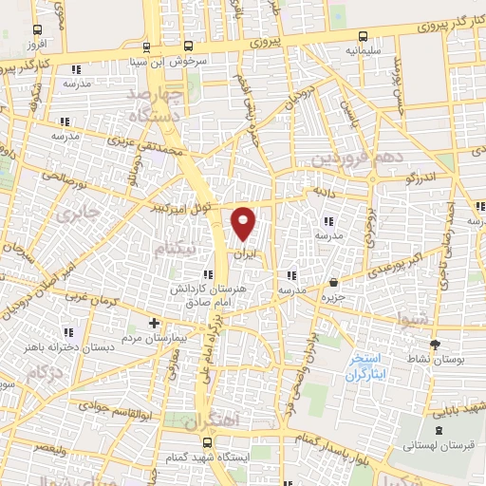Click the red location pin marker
point(245,222)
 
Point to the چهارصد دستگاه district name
point(160,106)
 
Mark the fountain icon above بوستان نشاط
point(435,344)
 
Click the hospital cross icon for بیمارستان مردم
point(155,323)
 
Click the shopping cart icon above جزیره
point(333,282)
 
